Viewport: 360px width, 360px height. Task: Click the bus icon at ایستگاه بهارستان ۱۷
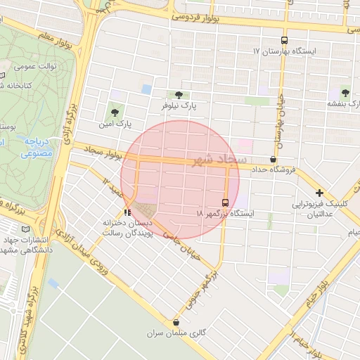[x=284, y=41]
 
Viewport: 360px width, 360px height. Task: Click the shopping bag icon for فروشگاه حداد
[x=273, y=160]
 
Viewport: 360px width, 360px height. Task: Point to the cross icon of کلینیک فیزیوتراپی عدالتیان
[x=319, y=192]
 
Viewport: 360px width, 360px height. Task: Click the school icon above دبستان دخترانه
[x=127, y=212]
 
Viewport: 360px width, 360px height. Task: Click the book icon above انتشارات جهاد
[x=27, y=229]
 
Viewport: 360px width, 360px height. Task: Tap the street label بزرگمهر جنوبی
[x=200, y=290]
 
